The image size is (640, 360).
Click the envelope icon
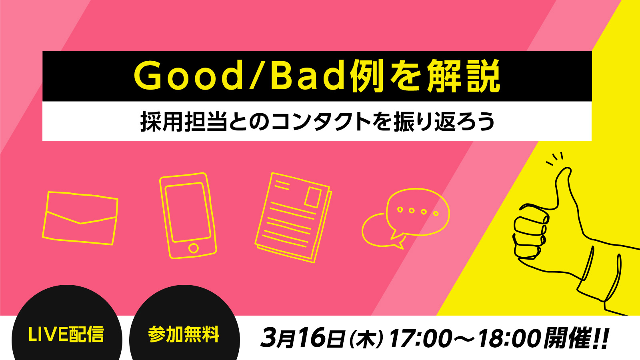coord(80,218)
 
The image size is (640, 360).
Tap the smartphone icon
coord(188,216)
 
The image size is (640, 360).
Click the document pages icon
coord(293,218)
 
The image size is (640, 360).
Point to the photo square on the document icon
coord(313,197)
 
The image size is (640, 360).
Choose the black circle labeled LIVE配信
coord(67,322)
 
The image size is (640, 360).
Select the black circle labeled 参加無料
coord(184,322)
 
